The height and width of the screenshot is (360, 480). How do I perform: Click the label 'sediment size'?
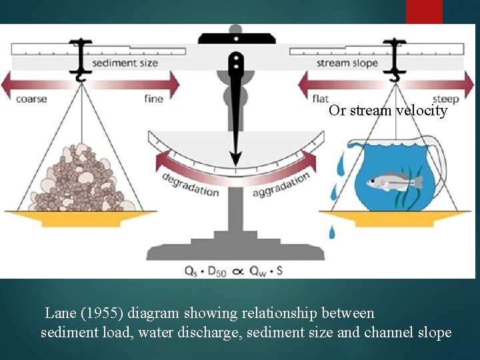coord(125,63)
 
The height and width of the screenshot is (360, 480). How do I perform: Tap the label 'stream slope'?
coord(347,63)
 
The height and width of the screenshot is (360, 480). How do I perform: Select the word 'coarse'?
coord(31,99)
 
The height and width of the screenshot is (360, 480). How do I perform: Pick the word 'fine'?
coord(154,99)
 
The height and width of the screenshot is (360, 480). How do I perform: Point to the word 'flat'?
coord(321,99)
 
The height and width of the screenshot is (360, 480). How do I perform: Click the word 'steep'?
coord(445,99)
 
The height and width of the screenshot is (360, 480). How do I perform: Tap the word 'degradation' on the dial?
coord(190,185)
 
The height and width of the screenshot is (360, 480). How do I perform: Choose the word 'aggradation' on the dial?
coord(281,185)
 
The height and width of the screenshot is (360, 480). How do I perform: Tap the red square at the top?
coord(424,11)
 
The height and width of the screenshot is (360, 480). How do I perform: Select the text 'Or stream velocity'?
coord(387,111)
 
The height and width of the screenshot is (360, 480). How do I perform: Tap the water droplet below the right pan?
coord(332,232)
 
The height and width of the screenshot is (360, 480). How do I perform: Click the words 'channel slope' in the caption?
coord(408,332)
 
